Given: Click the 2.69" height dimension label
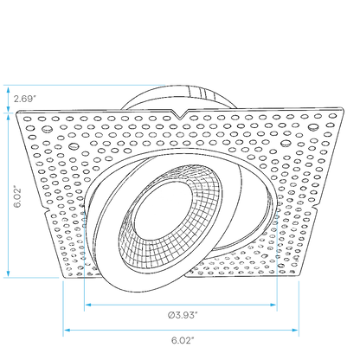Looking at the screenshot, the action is click(24, 99).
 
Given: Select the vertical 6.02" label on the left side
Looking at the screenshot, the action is click(17, 197).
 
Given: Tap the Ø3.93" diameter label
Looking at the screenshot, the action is click(183, 315).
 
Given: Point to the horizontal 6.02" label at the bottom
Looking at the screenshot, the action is click(183, 340).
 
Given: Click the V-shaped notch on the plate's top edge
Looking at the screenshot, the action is click(180, 114).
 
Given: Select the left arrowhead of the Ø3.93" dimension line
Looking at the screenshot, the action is click(88, 305).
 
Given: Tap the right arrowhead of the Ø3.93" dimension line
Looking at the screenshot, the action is click(273, 305).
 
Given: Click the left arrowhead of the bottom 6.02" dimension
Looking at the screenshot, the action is click(67, 330).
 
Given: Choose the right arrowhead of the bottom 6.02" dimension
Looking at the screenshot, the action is click(295, 330).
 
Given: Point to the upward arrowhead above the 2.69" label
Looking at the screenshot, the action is click(9, 89).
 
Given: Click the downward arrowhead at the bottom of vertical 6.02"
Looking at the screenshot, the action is click(9, 273).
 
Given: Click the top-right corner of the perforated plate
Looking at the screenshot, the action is click(343, 108).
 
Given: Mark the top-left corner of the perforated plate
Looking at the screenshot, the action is click(16, 112).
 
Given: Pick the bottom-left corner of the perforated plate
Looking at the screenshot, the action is click(63, 276).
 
